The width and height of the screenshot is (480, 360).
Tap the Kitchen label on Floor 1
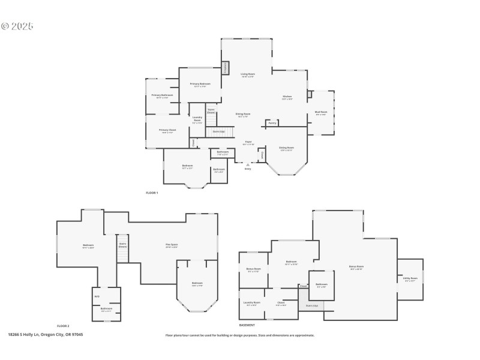tap(287, 97)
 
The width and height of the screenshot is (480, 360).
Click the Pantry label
tap(272, 123)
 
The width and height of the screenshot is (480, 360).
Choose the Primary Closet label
tap(167, 131)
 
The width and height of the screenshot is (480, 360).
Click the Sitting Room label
tap(287, 148)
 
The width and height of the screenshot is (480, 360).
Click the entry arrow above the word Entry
tap(248, 164)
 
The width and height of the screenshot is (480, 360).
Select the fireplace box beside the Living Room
tap(226, 68)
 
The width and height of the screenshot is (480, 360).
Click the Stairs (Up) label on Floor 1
tap(219, 131)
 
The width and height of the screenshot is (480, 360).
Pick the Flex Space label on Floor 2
tap(172, 245)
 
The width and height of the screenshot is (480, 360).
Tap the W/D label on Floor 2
tap(97, 296)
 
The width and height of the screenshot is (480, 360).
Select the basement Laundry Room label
tap(252, 303)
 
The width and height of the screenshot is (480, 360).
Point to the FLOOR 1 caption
tap(152, 193)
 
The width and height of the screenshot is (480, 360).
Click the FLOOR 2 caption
tap(63, 325)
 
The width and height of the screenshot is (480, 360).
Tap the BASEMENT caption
tap(247, 325)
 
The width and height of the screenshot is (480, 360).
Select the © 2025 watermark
tap(17, 26)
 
